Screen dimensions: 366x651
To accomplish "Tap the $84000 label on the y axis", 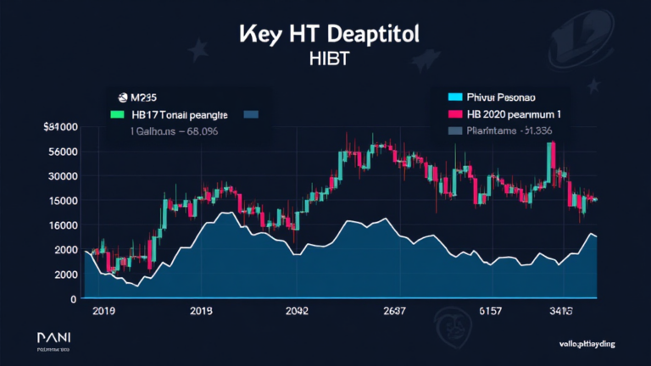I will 60,127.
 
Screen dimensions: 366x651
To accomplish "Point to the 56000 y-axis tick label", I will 63,152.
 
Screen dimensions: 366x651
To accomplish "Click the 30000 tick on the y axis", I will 63,176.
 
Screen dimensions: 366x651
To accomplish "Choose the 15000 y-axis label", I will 63,201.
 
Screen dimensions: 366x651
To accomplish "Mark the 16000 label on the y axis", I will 63,225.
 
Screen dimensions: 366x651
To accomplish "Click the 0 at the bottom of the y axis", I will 74,299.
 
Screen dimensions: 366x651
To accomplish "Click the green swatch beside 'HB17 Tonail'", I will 117,114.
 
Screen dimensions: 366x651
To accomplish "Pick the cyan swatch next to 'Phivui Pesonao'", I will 454,97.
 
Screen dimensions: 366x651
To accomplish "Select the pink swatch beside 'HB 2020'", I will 454,114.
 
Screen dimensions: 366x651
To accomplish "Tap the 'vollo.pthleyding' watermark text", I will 591,343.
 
